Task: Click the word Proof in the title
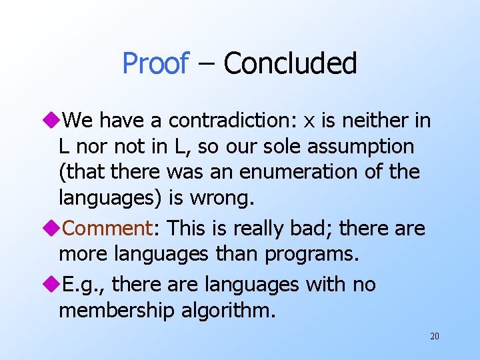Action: click(x=155, y=64)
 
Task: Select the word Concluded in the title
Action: click(x=290, y=64)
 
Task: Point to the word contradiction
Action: click(x=237, y=121)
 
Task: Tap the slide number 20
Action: click(x=434, y=337)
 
